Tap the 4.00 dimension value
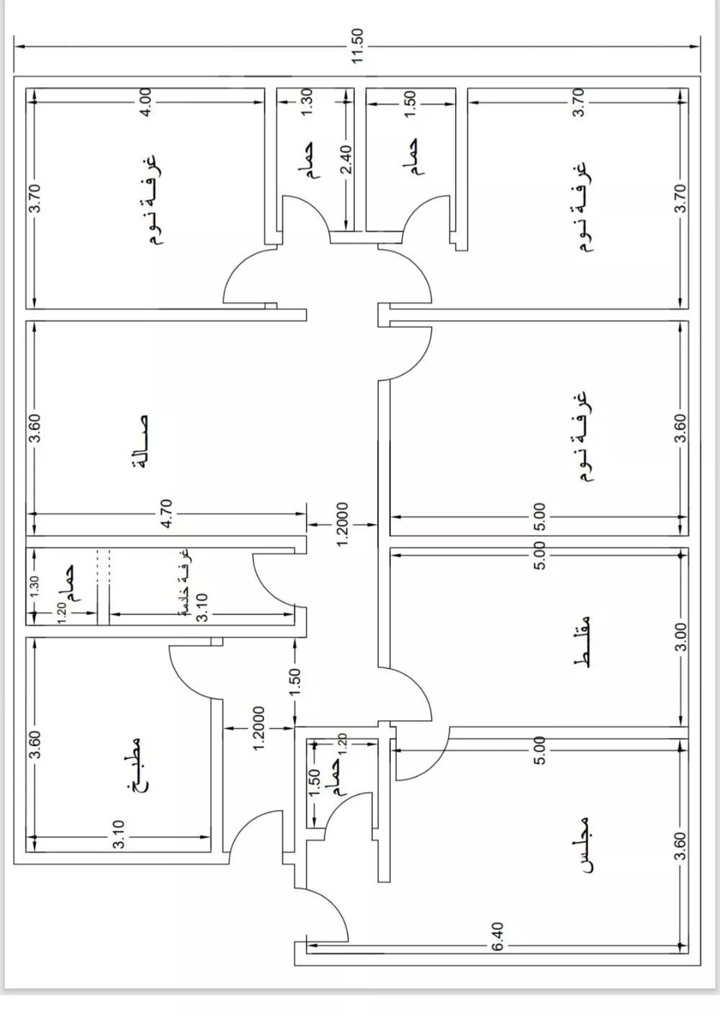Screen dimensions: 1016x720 coord(145,103)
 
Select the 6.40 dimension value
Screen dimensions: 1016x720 coord(498,936)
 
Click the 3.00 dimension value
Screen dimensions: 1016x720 coord(682,637)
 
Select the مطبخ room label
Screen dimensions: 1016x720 coord(136,765)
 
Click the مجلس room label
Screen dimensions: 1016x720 coord(586,845)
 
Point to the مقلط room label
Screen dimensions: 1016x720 coord(585,642)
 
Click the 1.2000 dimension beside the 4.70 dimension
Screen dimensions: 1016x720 coord(342,523)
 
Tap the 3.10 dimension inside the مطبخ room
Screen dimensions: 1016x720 coord(119,835)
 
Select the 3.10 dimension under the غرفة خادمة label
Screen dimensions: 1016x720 coord(203,607)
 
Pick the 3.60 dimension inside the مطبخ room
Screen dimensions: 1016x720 coord(37,744)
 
